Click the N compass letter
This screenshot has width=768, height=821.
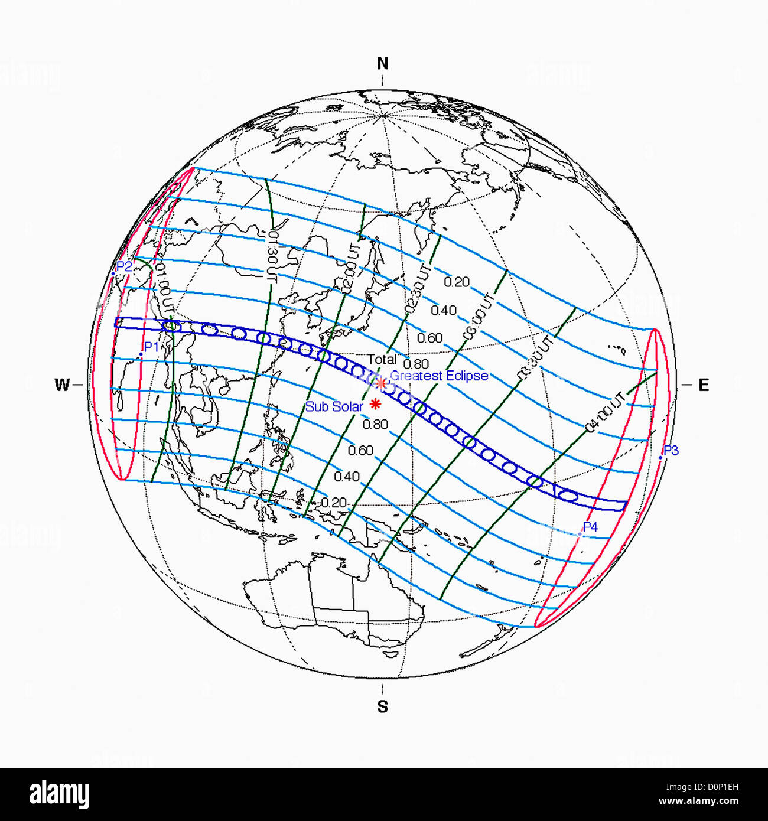pyautogui.click(x=383, y=64)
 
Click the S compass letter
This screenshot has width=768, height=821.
pyautogui.click(x=383, y=706)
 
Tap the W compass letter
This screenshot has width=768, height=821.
pyautogui.click(x=62, y=386)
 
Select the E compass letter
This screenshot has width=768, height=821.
pyautogui.click(x=703, y=386)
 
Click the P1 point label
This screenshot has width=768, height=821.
pyautogui.click(x=151, y=347)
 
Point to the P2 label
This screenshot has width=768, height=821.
pyautogui.click(x=124, y=266)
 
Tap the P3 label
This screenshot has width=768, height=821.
pyautogui.click(x=671, y=451)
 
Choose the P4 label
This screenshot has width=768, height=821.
pyautogui.click(x=590, y=527)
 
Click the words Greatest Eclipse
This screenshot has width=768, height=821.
pyautogui.click(x=439, y=376)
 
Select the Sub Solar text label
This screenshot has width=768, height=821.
pyautogui.click(x=334, y=406)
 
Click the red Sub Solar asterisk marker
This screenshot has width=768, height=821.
pyautogui.click(x=375, y=404)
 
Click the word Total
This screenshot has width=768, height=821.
pyautogui.click(x=382, y=359)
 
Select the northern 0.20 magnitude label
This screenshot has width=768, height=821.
pyautogui.click(x=457, y=282)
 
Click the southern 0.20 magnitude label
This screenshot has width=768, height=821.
pyautogui.click(x=334, y=503)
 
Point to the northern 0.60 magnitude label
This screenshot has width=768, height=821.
pyautogui.click(x=429, y=338)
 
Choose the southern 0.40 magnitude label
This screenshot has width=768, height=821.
pyautogui.click(x=347, y=476)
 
